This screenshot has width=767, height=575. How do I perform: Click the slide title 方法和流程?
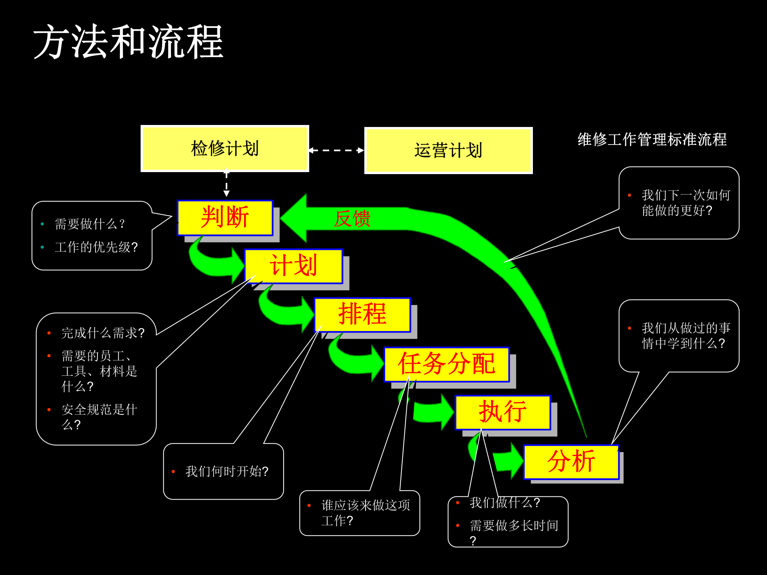point(128,42)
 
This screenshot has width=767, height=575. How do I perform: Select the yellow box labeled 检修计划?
point(225,149)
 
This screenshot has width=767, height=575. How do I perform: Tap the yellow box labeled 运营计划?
point(448,151)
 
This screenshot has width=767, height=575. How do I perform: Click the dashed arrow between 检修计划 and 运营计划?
point(336,151)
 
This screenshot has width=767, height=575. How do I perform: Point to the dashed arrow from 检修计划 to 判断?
point(227,184)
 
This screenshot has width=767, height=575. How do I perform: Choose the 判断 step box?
point(225,218)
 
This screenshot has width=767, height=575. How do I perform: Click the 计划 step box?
point(294,266)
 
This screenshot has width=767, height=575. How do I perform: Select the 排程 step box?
point(362,315)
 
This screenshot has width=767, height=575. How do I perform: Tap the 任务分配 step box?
point(447,364)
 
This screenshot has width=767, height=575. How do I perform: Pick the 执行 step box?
point(503,412)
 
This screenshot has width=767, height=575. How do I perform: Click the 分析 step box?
point(571,462)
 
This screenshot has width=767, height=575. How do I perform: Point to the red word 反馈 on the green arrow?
point(352,219)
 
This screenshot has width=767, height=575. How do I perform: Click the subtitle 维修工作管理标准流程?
point(652,140)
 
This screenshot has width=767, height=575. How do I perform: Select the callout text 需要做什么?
point(90,224)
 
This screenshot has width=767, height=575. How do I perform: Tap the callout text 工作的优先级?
point(96,247)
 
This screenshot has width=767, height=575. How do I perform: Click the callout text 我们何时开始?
point(227,472)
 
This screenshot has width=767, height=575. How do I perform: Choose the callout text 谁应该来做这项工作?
point(365,513)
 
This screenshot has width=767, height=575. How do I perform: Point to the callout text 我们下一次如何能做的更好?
point(686,203)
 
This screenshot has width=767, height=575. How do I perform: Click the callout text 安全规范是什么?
point(99,417)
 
